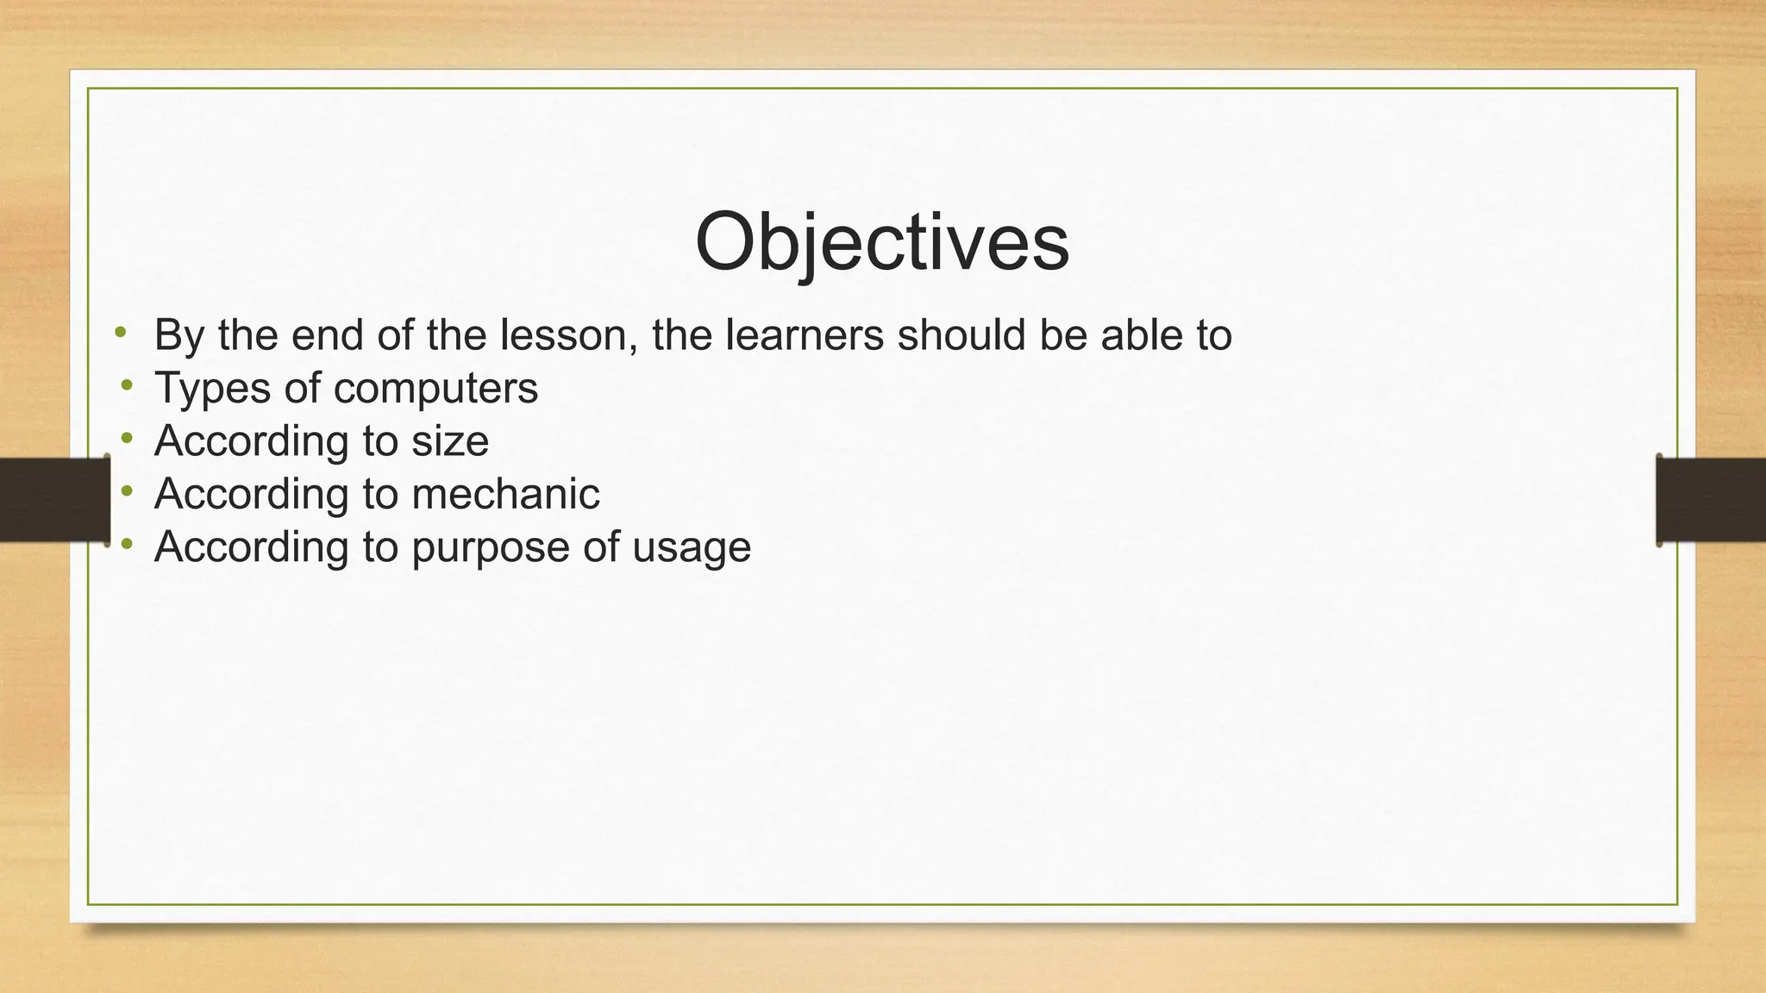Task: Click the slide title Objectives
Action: pos(881,242)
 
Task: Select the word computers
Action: pos(435,390)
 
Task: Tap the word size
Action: pos(450,441)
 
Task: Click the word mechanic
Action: pos(505,494)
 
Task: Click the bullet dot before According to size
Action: pos(128,439)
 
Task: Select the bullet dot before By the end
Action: pos(121,332)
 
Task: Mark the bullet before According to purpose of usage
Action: pos(128,544)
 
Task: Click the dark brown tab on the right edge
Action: pos(1711,500)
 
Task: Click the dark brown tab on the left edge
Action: pos(54,500)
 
